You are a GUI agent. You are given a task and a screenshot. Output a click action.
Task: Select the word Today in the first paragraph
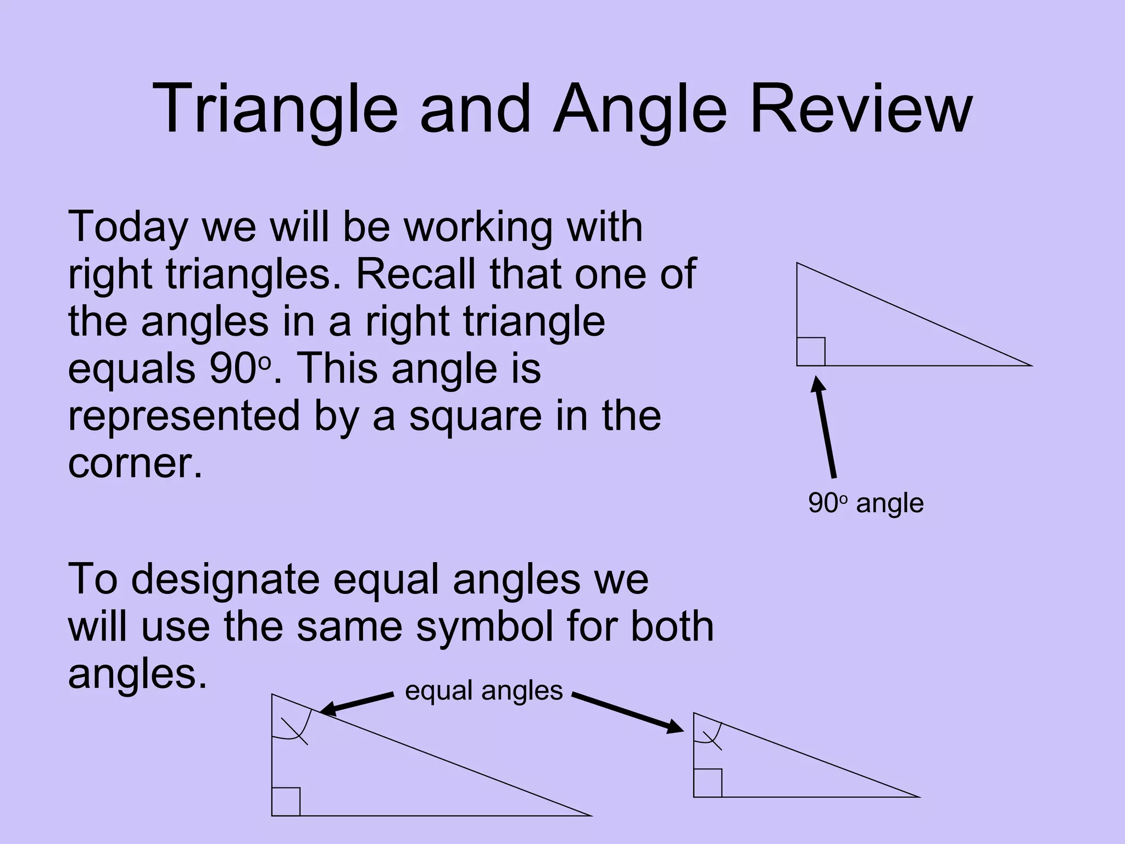(x=127, y=228)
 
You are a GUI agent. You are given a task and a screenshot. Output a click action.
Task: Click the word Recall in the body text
(x=416, y=274)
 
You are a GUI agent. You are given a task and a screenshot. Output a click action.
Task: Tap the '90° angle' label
(x=866, y=503)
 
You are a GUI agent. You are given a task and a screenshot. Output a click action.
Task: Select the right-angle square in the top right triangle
(x=811, y=352)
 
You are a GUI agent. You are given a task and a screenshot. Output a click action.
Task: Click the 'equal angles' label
(x=483, y=691)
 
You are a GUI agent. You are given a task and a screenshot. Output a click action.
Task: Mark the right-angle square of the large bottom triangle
(x=286, y=802)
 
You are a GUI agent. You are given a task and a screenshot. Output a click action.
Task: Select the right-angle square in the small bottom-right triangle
(x=708, y=783)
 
